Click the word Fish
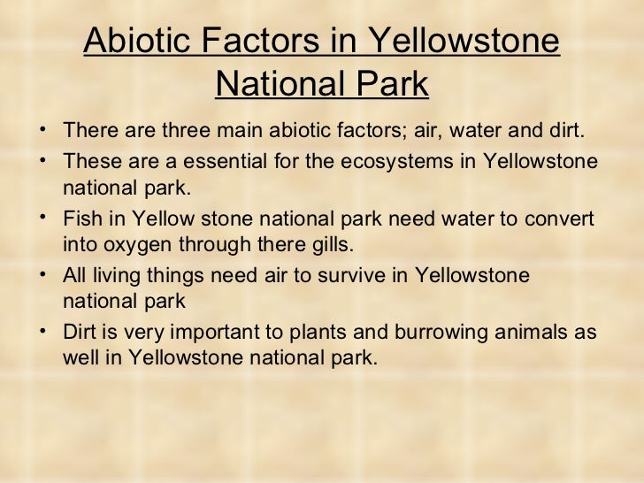click(x=82, y=218)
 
